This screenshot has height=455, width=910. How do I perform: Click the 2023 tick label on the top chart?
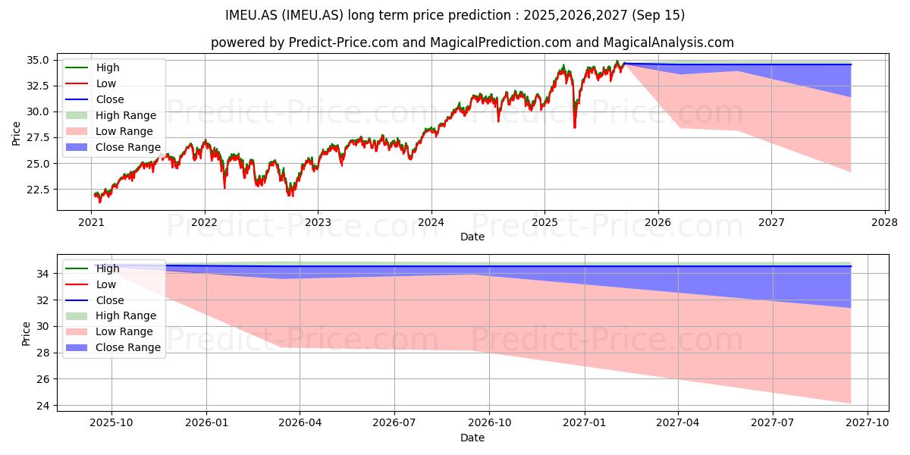tap(318, 223)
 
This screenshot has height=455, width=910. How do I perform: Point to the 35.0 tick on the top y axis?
tap(38, 60)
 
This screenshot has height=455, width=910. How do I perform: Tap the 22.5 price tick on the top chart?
tap(38, 190)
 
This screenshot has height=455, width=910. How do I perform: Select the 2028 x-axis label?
tap(885, 223)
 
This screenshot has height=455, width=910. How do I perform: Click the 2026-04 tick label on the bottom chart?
tap(300, 423)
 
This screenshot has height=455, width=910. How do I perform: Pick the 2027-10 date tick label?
tap(868, 423)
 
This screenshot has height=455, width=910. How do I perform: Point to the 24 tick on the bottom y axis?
tap(43, 406)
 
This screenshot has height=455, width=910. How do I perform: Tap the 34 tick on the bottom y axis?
tap(43, 275)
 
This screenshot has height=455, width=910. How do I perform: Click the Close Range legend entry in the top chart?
tap(113, 147)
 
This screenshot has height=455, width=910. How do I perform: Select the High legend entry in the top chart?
tap(93, 67)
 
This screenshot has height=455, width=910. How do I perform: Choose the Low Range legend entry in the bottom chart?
tap(109, 331)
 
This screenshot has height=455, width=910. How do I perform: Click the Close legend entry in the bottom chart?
tap(95, 300)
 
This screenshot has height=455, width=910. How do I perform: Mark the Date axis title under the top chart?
tap(472, 237)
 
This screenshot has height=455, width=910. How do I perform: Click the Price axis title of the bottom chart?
tap(26, 334)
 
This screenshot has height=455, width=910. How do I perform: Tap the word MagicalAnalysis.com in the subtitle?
tap(669, 42)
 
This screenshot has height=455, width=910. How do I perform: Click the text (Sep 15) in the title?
tap(658, 15)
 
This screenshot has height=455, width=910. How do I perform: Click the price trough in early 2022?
tap(224, 188)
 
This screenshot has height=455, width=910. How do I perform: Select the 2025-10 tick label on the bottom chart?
tap(111, 423)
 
